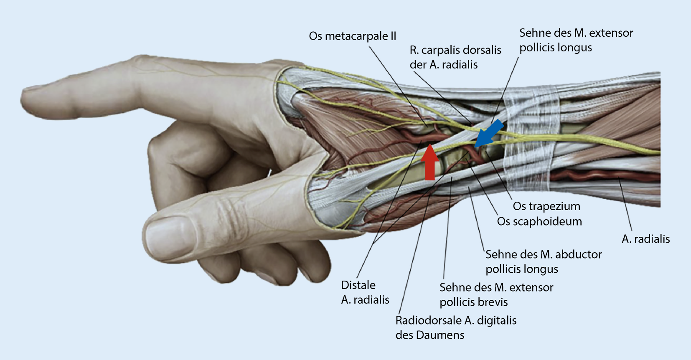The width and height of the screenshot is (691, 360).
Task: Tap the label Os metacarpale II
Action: [352, 36]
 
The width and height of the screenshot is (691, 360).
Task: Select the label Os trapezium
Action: [546, 206]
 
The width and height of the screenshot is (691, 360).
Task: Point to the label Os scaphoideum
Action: [539, 221]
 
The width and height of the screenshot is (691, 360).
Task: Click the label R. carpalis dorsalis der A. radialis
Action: [455, 57]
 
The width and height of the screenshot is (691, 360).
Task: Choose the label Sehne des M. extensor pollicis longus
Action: [576, 40]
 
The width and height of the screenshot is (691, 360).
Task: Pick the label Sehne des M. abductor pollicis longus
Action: [543, 261]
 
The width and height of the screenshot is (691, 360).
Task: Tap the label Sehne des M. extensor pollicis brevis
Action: [496, 294]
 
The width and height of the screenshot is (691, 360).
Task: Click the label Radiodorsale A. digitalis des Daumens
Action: [456, 327]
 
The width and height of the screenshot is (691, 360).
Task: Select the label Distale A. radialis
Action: [365, 292]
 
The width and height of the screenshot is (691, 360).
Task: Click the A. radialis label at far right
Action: [645, 239]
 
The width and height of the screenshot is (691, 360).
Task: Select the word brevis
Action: [492, 302]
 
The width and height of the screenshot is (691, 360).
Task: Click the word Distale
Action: [358, 285]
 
